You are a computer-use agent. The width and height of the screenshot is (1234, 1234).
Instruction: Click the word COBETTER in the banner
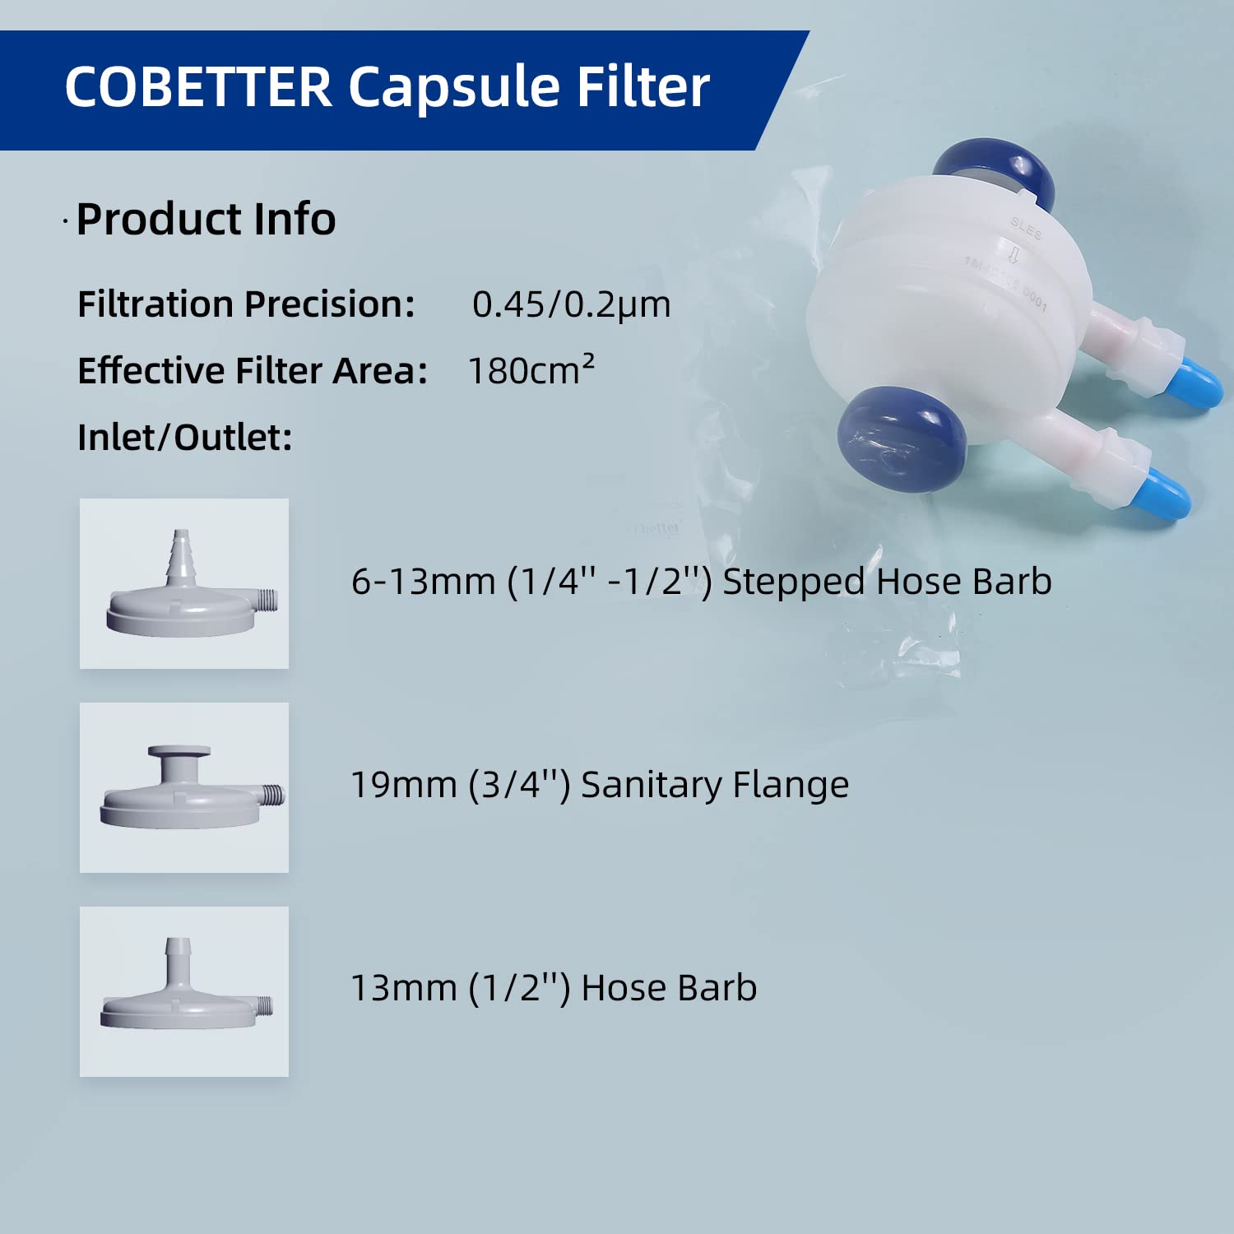coord(197,86)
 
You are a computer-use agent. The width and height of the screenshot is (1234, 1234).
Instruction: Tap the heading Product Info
coord(206,220)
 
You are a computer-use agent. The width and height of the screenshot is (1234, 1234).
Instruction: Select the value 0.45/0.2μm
coord(571,304)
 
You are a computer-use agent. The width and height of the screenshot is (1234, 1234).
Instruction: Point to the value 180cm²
coord(531,370)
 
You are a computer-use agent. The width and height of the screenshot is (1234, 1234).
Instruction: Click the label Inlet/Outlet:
coord(185,437)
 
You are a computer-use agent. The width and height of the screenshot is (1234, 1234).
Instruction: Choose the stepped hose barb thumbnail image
coord(184,583)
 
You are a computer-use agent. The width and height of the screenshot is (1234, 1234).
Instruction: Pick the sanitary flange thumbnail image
coord(184,787)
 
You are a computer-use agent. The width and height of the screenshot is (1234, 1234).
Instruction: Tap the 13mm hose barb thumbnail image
coord(184,991)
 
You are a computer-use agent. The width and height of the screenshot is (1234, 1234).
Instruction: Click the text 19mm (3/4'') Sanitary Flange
coord(600,785)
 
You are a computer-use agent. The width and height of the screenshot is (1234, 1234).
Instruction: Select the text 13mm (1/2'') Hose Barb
coord(554,988)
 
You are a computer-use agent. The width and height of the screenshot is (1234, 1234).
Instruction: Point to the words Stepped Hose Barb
coord(887,582)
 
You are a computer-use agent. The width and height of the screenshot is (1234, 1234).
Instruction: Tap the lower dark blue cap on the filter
coord(901,439)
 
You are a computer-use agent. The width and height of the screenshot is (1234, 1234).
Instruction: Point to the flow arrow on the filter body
coord(1014,254)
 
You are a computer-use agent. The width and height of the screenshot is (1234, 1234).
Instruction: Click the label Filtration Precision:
coord(246,304)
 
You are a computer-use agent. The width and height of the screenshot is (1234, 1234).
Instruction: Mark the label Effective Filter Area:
coord(252,370)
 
